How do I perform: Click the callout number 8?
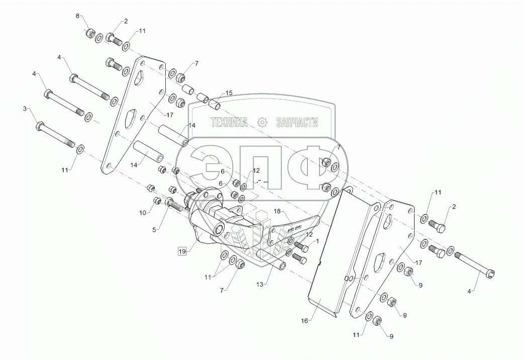click(77, 16)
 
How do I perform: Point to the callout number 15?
click(229, 93)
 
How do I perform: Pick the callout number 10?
click(143, 213)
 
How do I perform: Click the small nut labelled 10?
click(156, 202)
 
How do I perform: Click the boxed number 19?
click(182, 250)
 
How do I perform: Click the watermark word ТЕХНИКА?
click(229, 123)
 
